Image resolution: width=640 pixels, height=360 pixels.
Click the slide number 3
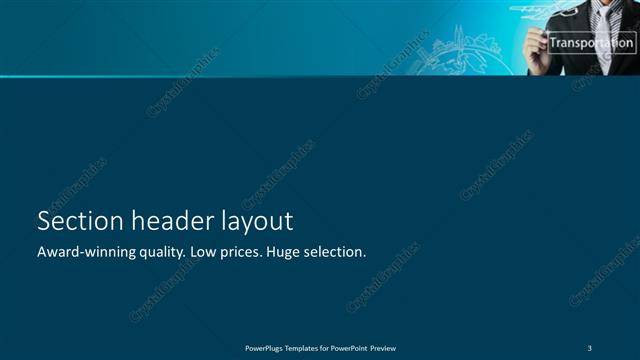click(591, 348)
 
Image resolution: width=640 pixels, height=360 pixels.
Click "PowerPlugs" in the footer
click(265, 348)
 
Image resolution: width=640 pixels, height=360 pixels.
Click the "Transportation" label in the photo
click(591, 43)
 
